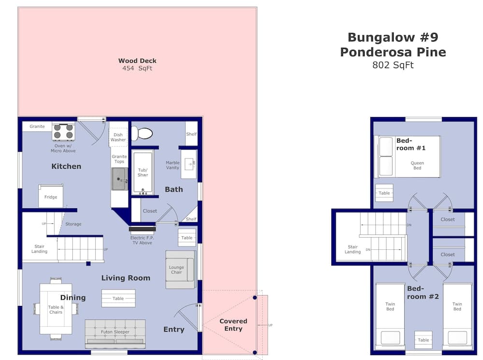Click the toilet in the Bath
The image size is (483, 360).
(x=142, y=133)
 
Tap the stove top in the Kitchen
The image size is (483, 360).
(x=63, y=131)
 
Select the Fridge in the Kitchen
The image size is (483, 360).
(x=51, y=196)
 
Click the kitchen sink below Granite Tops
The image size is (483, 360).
(x=119, y=179)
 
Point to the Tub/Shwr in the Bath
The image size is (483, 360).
(x=142, y=173)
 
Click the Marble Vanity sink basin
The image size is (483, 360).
(x=189, y=164)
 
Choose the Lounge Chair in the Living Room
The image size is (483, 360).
(x=180, y=269)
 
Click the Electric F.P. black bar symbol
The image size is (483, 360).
(x=142, y=229)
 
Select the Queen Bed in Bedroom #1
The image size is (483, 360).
(x=407, y=157)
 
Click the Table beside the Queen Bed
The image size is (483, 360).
(x=384, y=193)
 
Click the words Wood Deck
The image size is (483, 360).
(x=137, y=61)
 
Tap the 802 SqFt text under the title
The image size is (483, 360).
(x=393, y=65)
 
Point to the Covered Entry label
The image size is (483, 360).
(x=233, y=325)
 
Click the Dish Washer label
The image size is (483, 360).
(x=118, y=137)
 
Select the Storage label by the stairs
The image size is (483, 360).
(x=73, y=224)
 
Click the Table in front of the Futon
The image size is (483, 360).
(x=118, y=298)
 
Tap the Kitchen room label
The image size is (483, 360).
(x=66, y=166)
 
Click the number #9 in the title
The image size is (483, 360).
(x=429, y=37)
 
